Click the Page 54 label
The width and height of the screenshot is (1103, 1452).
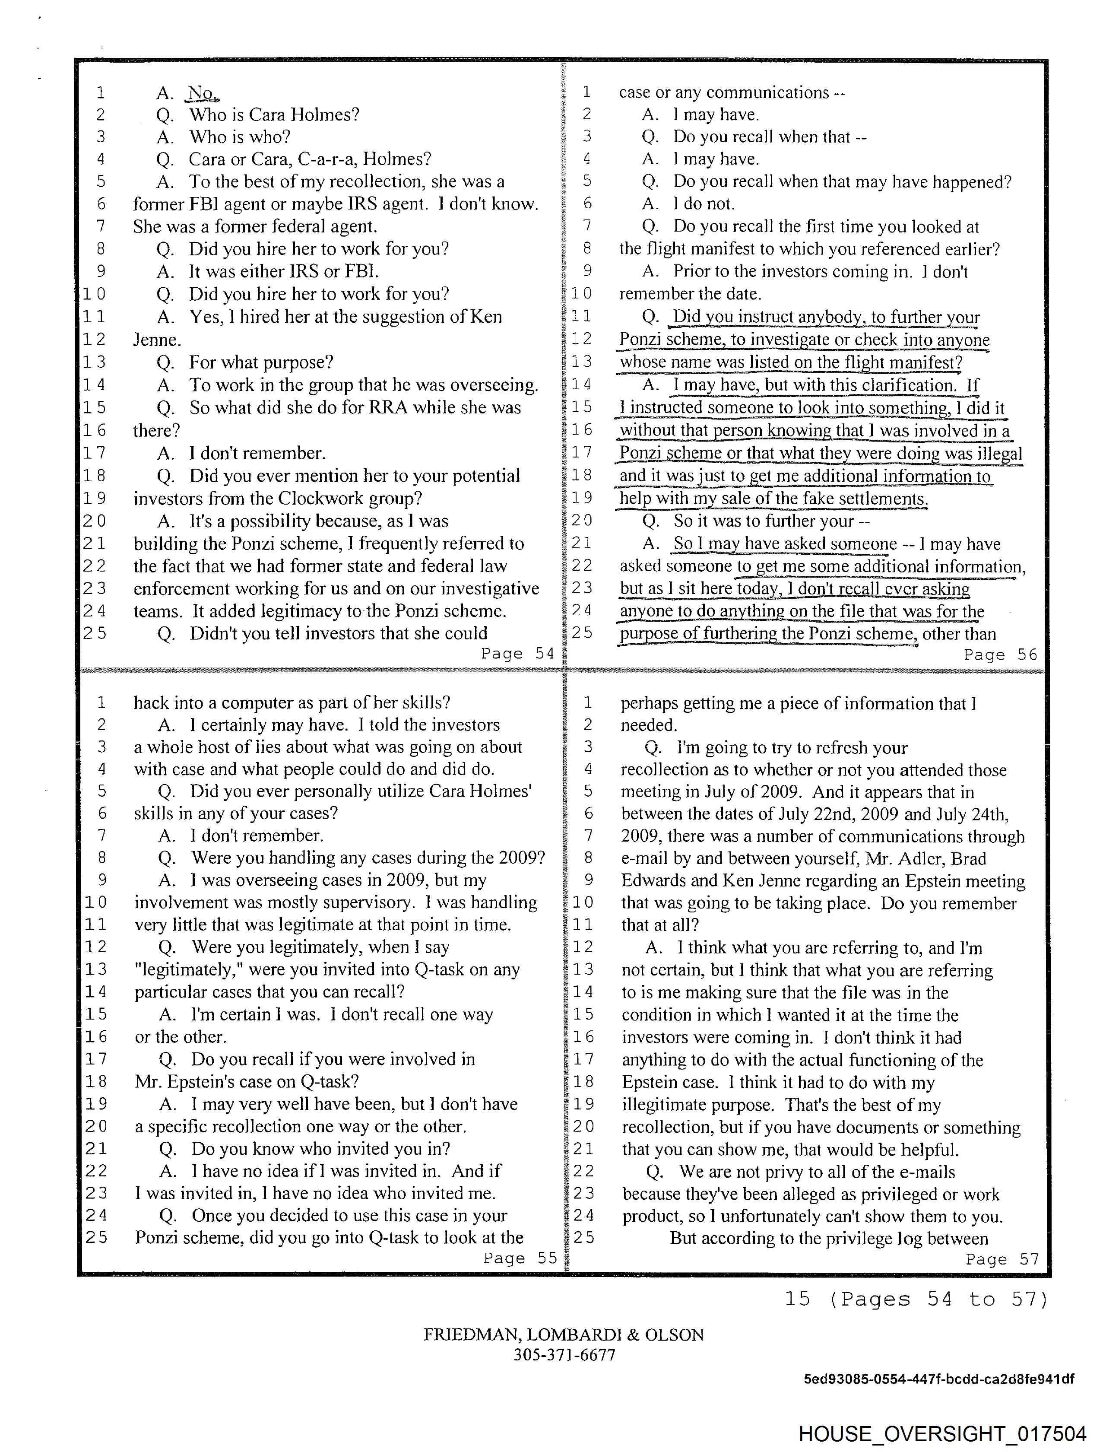coord(517,654)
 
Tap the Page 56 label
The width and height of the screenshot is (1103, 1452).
coord(1000,655)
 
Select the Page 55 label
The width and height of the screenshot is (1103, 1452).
coord(520,1258)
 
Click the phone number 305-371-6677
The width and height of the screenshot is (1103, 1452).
coord(564,1355)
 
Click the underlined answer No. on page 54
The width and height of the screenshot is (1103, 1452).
coord(202,93)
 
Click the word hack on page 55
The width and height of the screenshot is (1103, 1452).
coord(151,703)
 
